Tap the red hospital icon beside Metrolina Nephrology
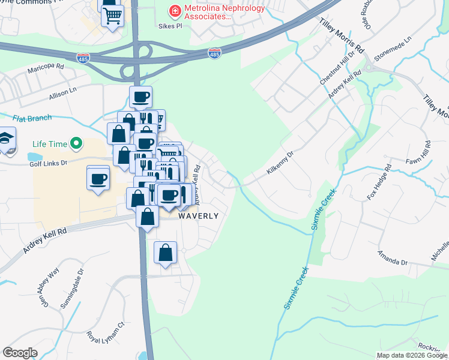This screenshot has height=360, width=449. [x=175, y=10]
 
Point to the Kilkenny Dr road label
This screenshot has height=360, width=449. [x=279, y=163]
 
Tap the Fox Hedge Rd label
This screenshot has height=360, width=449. [x=379, y=181]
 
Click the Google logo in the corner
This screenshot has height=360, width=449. [x=20, y=352]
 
